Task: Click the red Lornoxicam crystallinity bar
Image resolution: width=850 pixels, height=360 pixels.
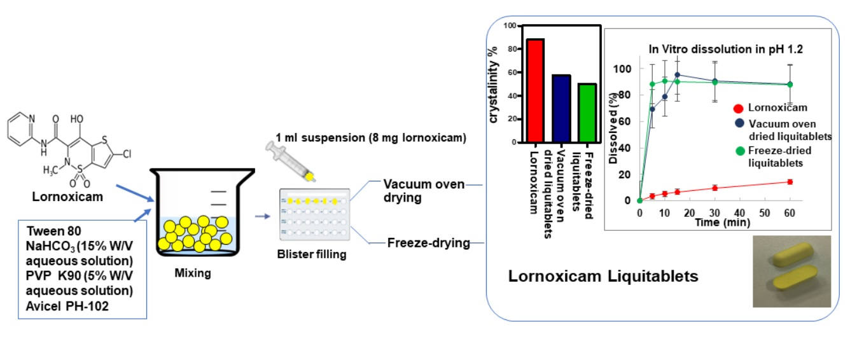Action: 535,90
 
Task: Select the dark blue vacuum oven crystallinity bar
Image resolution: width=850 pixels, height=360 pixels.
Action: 561,108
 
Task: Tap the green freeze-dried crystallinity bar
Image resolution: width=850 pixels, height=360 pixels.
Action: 587,113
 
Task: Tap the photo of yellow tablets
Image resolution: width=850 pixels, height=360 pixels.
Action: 792,272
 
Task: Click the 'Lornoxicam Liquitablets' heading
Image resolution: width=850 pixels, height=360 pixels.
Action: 603,277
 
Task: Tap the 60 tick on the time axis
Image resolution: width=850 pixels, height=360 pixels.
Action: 790,212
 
